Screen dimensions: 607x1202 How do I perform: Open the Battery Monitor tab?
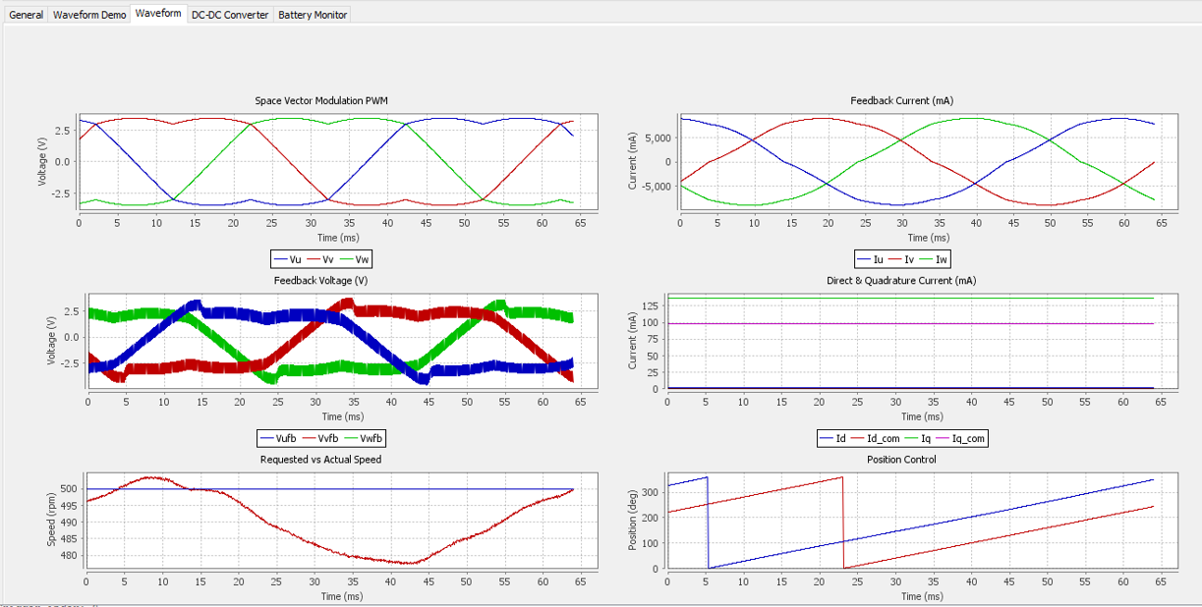pyautogui.click(x=313, y=15)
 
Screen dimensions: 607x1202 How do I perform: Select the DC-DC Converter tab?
pyautogui.click(x=230, y=15)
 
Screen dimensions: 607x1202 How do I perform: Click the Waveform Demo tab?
pyautogui.click(x=89, y=15)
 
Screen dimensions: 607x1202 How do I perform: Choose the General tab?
pyautogui.click(x=26, y=15)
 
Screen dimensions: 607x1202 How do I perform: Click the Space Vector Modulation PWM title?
pyautogui.click(x=321, y=101)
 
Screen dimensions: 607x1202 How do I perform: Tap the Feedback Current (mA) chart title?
pyautogui.click(x=902, y=101)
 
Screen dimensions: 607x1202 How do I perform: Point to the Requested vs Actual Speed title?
pyautogui.click(x=320, y=460)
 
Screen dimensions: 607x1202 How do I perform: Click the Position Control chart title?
pyautogui.click(x=901, y=460)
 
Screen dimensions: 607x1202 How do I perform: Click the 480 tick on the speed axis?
pyautogui.click(x=69, y=555)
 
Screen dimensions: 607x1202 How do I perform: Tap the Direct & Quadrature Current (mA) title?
pyautogui.click(x=901, y=281)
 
